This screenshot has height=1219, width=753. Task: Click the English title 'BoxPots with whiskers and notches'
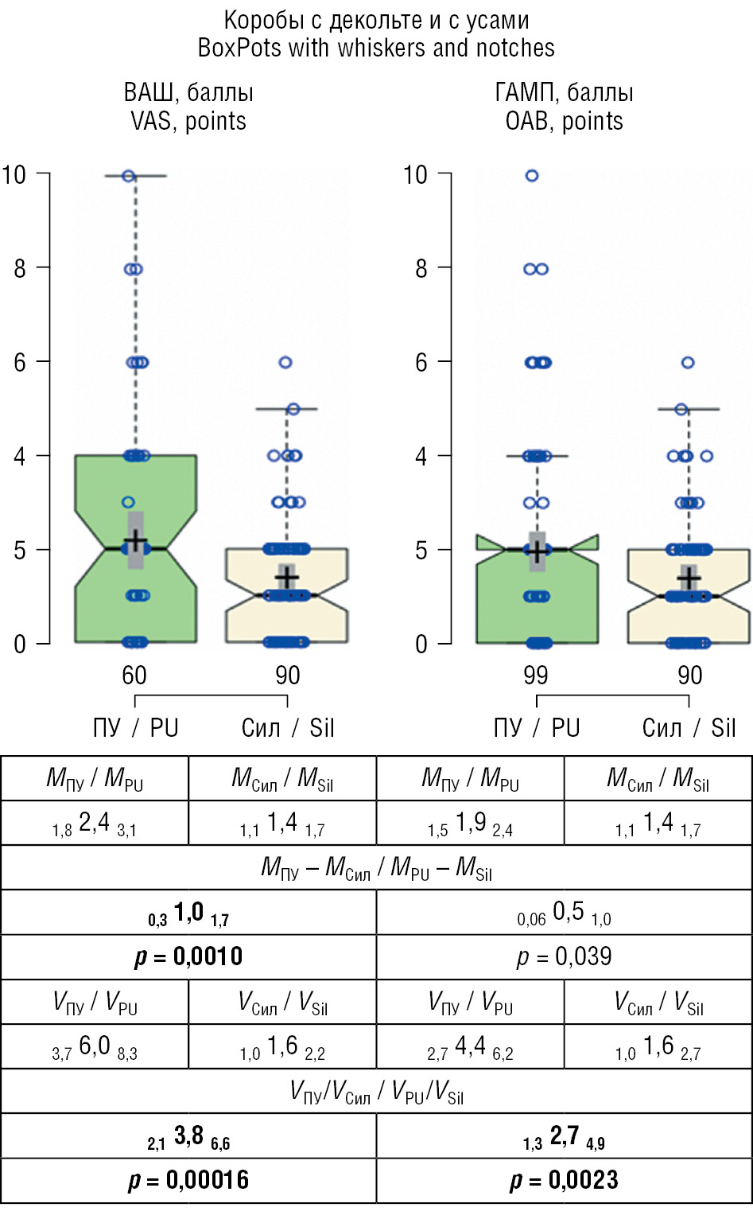[x=376, y=48]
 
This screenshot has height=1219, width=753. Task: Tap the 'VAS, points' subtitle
[x=188, y=121]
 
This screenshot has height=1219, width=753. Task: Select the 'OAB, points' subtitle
[x=564, y=121]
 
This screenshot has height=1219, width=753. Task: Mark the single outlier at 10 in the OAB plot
[x=532, y=175]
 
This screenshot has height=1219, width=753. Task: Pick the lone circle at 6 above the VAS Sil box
[x=285, y=362]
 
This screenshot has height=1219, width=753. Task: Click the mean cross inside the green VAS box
[x=136, y=541]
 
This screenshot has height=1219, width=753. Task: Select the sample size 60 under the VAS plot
[x=134, y=676]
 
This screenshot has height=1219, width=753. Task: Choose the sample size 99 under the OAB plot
[x=536, y=676]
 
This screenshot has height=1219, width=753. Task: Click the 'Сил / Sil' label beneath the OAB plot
[x=689, y=728]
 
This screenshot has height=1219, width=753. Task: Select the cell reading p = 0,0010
[x=188, y=956]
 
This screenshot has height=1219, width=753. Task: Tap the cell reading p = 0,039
[x=564, y=956]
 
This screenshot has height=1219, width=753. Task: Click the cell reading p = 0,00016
[x=188, y=1180]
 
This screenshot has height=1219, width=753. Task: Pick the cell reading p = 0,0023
[x=564, y=1180]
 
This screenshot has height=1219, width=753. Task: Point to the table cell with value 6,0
[x=95, y=1046]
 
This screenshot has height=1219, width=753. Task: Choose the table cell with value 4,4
[x=470, y=1046]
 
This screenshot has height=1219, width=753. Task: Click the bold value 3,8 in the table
[x=188, y=1136]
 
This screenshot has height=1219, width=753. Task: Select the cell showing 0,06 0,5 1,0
[x=564, y=913]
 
